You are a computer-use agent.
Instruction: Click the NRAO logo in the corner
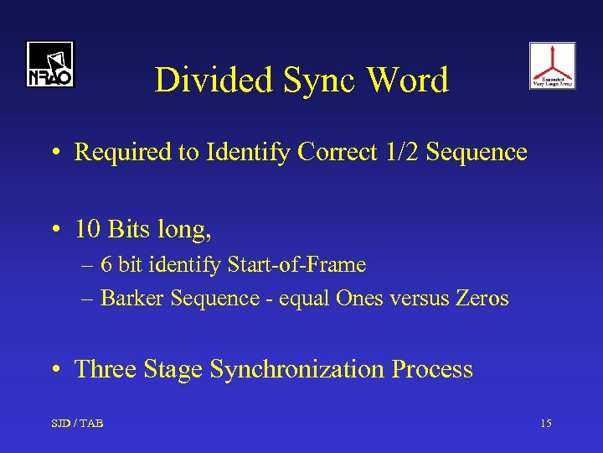point(49,65)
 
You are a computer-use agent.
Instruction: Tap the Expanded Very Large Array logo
point(552,65)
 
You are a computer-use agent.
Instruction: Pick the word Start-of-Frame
point(295,265)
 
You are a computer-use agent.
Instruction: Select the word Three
point(105,369)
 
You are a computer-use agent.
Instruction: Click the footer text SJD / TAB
point(76,424)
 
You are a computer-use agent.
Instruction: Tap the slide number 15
point(545,424)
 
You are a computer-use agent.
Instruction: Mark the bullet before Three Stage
point(54,370)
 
